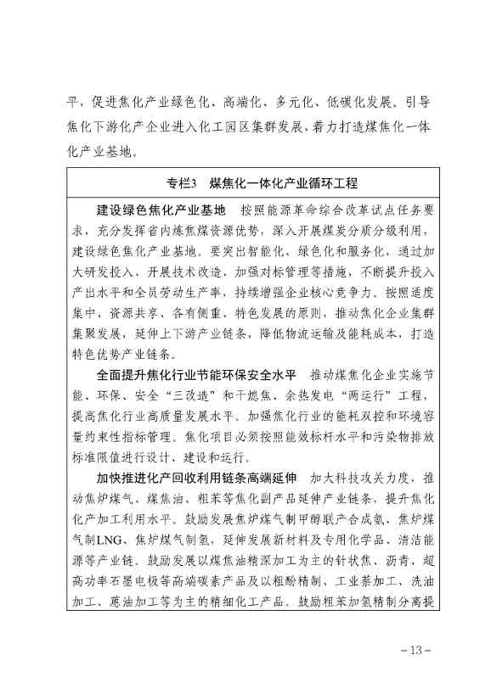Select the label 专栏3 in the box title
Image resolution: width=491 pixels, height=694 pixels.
pos(182,183)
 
